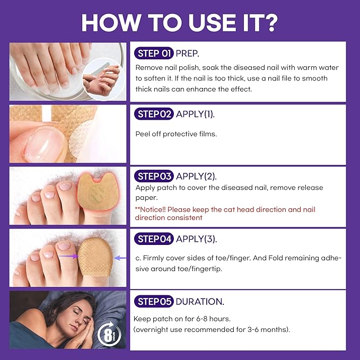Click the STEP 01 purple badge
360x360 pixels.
point(154,54)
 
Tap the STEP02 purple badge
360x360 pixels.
point(154,115)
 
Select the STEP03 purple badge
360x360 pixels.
point(154,176)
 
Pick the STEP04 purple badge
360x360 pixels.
point(154,239)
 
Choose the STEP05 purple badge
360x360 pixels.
point(154,301)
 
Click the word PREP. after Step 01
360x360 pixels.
point(189,54)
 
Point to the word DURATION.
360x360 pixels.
point(200,301)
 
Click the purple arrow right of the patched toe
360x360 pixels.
point(120,258)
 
